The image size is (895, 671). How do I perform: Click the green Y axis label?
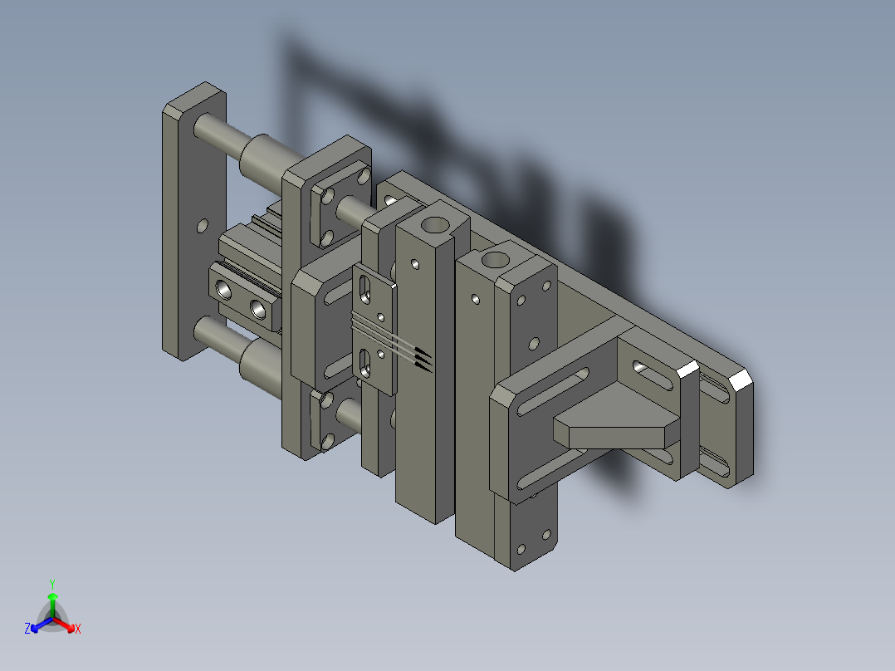pyautogui.click(x=52, y=584)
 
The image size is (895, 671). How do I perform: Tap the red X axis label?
pyautogui.click(x=78, y=629)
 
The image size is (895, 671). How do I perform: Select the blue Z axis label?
pyautogui.click(x=27, y=628)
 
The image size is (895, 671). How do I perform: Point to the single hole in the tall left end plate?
pyautogui.click(x=202, y=226)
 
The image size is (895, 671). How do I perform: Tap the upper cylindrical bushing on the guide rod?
pyautogui.click(x=264, y=158)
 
